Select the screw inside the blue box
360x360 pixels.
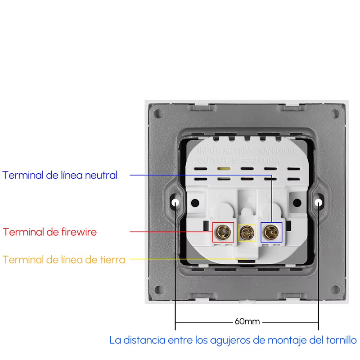click(271, 232)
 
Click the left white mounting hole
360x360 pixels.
click(175, 203)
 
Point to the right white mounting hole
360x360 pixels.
click(319, 203)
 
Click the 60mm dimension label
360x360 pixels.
click(247, 322)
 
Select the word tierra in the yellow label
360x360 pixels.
click(109, 260)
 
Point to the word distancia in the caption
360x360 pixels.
click(145, 340)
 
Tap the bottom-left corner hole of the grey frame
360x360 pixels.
click(159, 288)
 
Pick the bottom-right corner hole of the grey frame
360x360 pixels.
click(335, 288)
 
